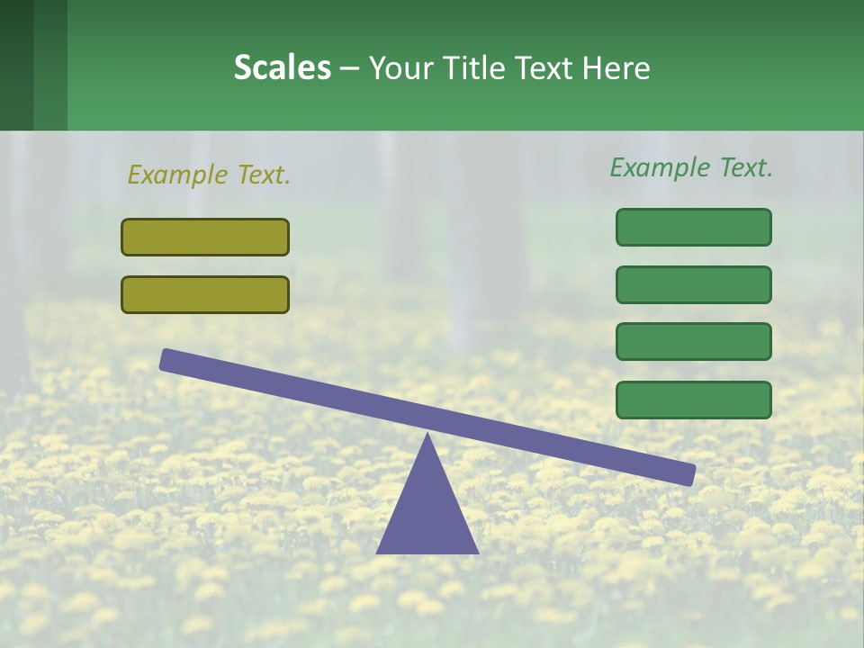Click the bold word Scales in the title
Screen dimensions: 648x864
[x=282, y=67]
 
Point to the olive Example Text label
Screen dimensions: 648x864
[x=209, y=175]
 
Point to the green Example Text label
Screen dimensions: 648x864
[x=691, y=167]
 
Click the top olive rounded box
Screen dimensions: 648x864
[x=205, y=237]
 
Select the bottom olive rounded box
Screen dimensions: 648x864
[x=205, y=294]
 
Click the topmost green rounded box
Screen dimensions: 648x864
[x=694, y=227]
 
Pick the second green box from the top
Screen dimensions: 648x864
[x=694, y=284]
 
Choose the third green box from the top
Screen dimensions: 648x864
[x=694, y=342]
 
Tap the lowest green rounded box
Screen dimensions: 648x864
[x=694, y=400]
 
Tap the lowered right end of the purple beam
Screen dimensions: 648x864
[x=688, y=473]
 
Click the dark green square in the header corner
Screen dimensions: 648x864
[x=16, y=65]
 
